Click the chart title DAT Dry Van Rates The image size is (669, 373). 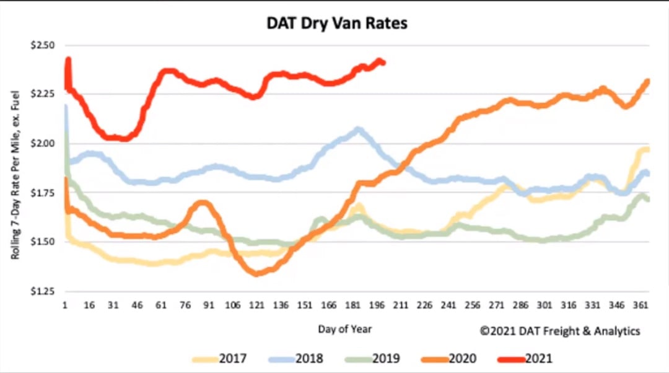point(338,24)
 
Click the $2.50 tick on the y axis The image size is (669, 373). point(43,46)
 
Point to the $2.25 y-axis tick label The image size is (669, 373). point(43,94)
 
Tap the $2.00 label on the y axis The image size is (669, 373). point(43,144)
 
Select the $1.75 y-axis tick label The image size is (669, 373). point(43,193)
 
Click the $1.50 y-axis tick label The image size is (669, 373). point(43,242)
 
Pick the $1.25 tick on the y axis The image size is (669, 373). point(43,291)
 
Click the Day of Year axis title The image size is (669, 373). point(345,329)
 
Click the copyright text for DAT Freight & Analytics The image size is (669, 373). point(560,331)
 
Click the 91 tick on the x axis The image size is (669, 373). point(209,305)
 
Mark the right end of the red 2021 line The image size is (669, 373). point(383,62)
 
